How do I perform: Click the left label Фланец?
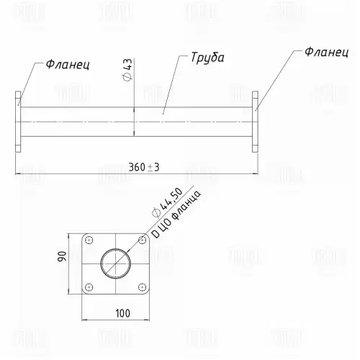tap(68, 64)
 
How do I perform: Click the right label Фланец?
tap(326, 52)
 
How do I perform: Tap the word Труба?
tap(207, 58)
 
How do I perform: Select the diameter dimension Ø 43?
tap(127, 70)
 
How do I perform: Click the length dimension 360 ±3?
tap(144, 167)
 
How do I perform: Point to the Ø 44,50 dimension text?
tap(168, 202)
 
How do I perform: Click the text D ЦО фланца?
tap(176, 215)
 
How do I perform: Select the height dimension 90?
tap(62, 256)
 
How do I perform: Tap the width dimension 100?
tap(123, 313)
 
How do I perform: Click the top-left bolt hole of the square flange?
tap(89, 240)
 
